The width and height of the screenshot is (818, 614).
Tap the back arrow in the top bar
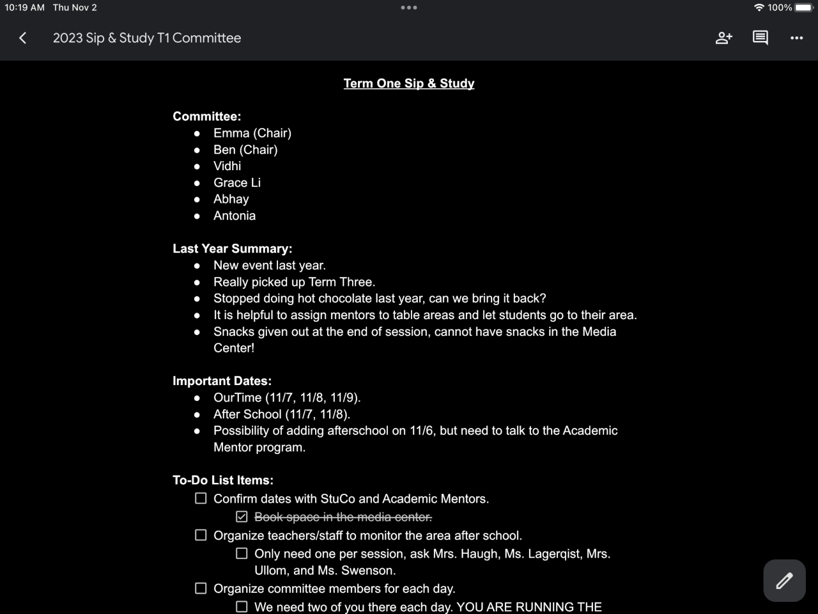coord(23,38)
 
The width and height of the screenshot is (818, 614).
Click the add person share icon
coord(723,38)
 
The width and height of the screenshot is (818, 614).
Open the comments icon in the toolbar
coord(760,38)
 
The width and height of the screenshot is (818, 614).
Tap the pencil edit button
coord(784,581)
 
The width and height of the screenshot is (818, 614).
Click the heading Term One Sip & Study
coord(409,83)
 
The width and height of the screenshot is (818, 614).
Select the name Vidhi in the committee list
coord(227,166)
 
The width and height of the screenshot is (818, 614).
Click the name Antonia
coord(235,216)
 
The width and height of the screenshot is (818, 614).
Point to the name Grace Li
coord(237,183)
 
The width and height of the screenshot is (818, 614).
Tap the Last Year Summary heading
coord(232,249)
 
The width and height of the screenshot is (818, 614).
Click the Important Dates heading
coord(222,381)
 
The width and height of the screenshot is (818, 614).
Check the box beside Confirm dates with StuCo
coord(201,498)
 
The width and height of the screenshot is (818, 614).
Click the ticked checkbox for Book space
coord(242,516)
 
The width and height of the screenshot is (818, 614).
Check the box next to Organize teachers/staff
coord(201,535)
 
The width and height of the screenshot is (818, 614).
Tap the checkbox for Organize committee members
coord(201,588)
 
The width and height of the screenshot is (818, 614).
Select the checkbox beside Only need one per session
coord(242,553)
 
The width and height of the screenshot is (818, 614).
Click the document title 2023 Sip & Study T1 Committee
coord(147,38)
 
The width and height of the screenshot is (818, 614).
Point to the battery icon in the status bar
coord(804,8)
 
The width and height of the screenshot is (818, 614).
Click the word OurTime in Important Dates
coord(237,398)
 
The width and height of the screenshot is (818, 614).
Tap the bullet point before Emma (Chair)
coord(197,134)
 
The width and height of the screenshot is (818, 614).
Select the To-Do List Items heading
coord(223,480)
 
